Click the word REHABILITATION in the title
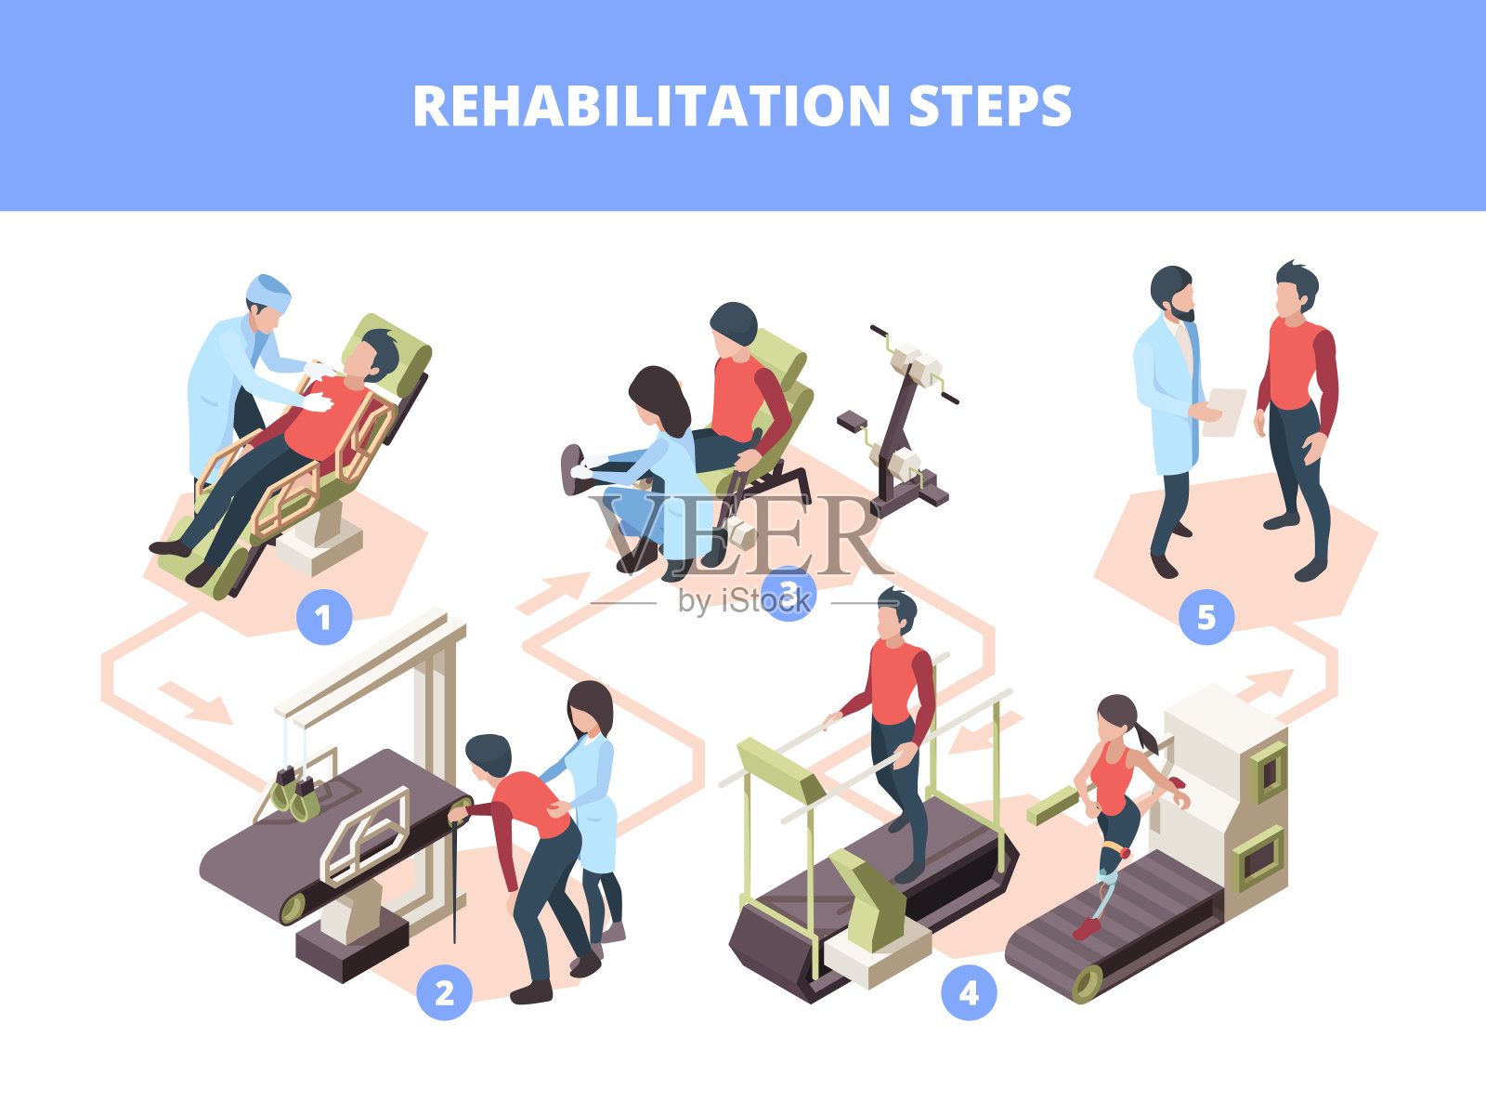(651, 106)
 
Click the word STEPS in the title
(990, 106)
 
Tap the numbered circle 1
(323, 617)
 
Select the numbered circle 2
(444, 992)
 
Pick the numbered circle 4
(969, 992)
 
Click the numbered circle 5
(1206, 617)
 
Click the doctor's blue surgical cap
(268, 293)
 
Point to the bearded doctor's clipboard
(1224, 413)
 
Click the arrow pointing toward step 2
(196, 702)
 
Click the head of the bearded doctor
(1172, 293)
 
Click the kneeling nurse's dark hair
(659, 400)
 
